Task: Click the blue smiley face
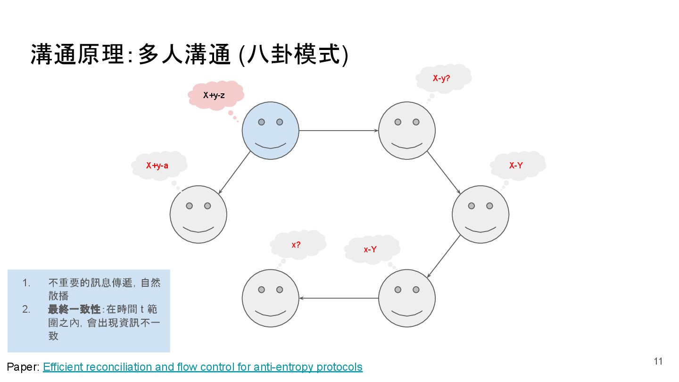pos(270,131)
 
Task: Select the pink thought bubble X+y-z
pos(215,95)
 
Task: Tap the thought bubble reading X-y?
pos(442,78)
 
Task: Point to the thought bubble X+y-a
pos(158,166)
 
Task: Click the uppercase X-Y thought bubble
pos(517,166)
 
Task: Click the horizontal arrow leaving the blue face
pos(338,131)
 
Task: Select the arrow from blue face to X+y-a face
pos(234,173)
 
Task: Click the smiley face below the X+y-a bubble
pos(198,215)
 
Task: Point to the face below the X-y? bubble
pos(406,131)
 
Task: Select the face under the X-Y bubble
pos(480,215)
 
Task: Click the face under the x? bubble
pos(270,298)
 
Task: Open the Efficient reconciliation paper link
pos(203,367)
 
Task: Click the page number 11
pos(658,361)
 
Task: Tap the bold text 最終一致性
pos(74,309)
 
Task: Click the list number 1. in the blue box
pos(26,283)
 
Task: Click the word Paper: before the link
pos(23,367)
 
